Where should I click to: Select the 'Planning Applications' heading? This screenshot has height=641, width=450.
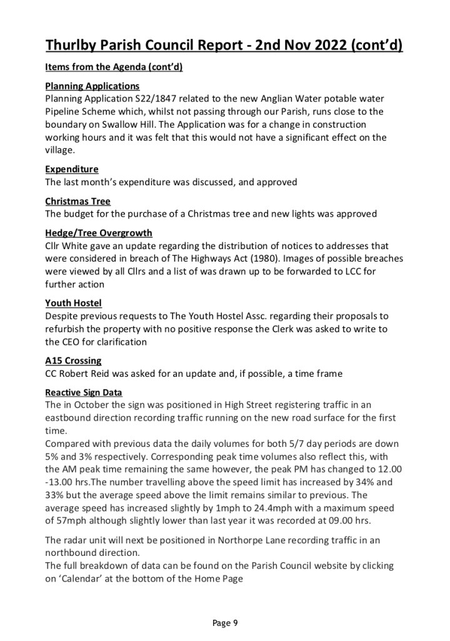click(x=92, y=86)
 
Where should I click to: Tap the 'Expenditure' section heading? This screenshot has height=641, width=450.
click(x=71, y=170)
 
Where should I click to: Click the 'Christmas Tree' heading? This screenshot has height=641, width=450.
click(x=77, y=201)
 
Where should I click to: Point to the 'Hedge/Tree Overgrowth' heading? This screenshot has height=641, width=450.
click(x=98, y=233)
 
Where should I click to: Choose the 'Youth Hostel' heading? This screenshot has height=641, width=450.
click(x=73, y=303)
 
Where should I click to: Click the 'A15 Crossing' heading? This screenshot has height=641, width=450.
click(x=73, y=361)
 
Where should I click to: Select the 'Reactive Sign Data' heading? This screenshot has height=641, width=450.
click(x=84, y=392)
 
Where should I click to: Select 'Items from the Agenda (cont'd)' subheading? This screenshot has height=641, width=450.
click(x=114, y=67)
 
